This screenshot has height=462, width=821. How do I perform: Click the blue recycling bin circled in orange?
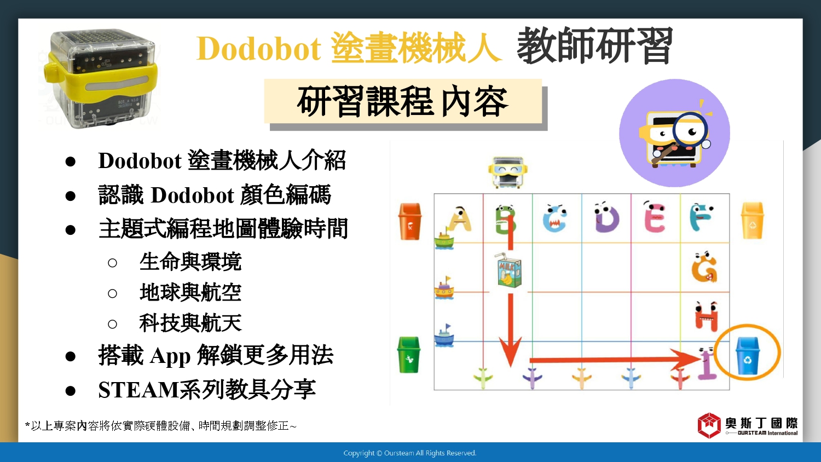coord(748,355)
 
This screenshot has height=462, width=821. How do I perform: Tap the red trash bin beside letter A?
coord(410,222)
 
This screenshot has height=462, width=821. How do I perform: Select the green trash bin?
coord(409,355)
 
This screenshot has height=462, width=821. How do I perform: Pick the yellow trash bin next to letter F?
coord(753,221)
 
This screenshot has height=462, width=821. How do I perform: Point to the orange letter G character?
coord(704,267)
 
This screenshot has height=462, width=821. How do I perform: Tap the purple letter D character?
coord(606,217)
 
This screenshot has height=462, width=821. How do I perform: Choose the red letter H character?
coord(706,316)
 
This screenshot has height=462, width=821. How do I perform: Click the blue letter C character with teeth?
coord(555,218)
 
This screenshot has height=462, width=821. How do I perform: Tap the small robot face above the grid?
coord(507,172)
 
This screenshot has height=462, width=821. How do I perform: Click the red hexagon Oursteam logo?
coord(709,425)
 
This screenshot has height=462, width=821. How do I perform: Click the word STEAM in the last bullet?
coord(138,389)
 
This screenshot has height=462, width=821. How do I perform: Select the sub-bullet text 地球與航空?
coord(190,292)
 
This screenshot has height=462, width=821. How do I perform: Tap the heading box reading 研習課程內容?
coord(403,101)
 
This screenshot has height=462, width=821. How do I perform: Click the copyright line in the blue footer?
coord(410,453)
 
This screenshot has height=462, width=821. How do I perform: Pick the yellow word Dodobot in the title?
coord(259,48)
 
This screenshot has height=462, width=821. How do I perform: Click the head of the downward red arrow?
coord(510,352)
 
